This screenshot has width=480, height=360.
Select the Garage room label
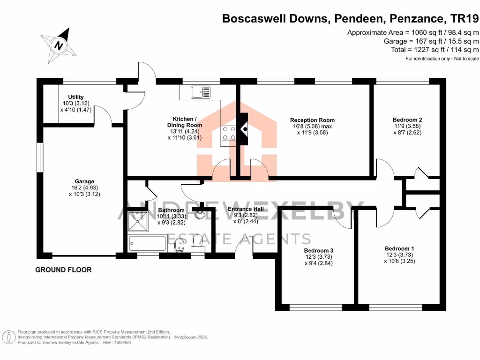(84, 181)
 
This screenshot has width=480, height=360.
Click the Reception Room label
(312, 120)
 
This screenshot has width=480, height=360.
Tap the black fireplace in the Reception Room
(244, 128)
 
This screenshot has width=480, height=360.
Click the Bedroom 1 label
(399, 248)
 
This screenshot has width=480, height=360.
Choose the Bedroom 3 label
(318, 250)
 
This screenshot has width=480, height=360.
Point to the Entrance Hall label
(245, 209)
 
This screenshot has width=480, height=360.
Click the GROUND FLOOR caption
(64, 270)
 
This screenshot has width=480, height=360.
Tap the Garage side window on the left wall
(40, 157)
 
